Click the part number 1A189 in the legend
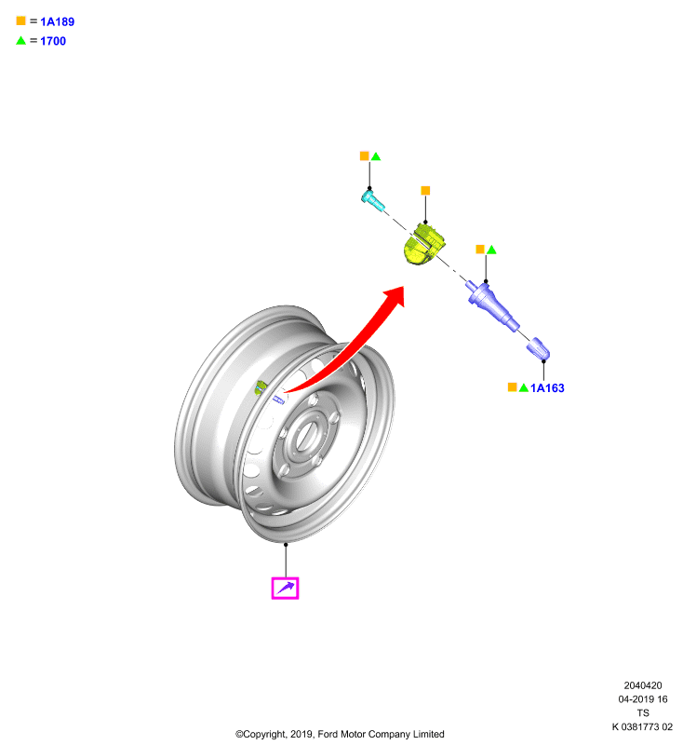pyautogui.click(x=57, y=21)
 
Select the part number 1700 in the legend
pyautogui.click(x=53, y=41)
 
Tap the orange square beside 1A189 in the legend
pyautogui.click(x=20, y=20)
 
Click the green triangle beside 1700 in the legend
pyautogui.click(x=20, y=40)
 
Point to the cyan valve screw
pyautogui.click(x=372, y=200)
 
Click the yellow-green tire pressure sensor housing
pyautogui.click(x=423, y=244)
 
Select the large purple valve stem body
pyautogui.click(x=492, y=305)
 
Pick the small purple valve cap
pyautogui.click(x=538, y=348)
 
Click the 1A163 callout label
pyautogui.click(x=547, y=388)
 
